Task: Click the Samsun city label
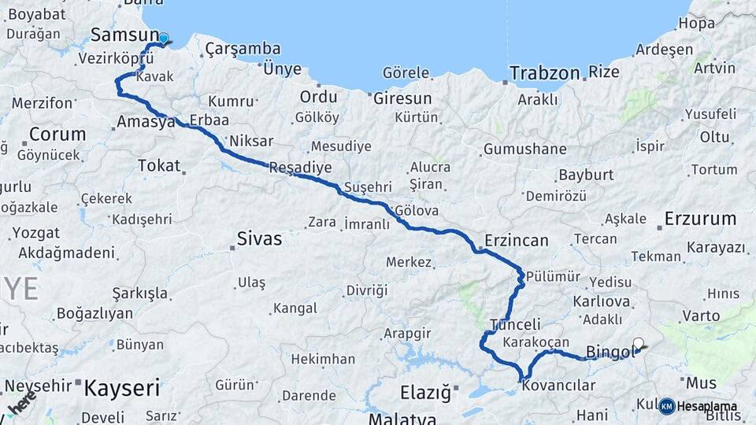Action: tap(125, 35)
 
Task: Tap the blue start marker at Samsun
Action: tap(163, 39)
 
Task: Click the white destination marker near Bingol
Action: tap(639, 343)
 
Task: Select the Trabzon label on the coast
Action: tap(543, 73)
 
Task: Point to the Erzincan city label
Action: tap(517, 240)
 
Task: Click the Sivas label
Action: tap(259, 238)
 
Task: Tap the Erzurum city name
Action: tap(700, 218)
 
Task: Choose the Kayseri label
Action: tap(121, 388)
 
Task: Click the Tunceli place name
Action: tap(516, 324)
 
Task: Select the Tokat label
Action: tap(158, 165)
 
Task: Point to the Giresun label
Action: tap(402, 98)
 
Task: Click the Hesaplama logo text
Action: tap(707, 406)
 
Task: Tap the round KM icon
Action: tap(666, 406)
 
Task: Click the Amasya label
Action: tap(146, 122)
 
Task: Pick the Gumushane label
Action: tap(524, 149)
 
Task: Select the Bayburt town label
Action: tap(585, 175)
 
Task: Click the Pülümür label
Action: tap(553, 276)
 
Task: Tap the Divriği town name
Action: tap(367, 290)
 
